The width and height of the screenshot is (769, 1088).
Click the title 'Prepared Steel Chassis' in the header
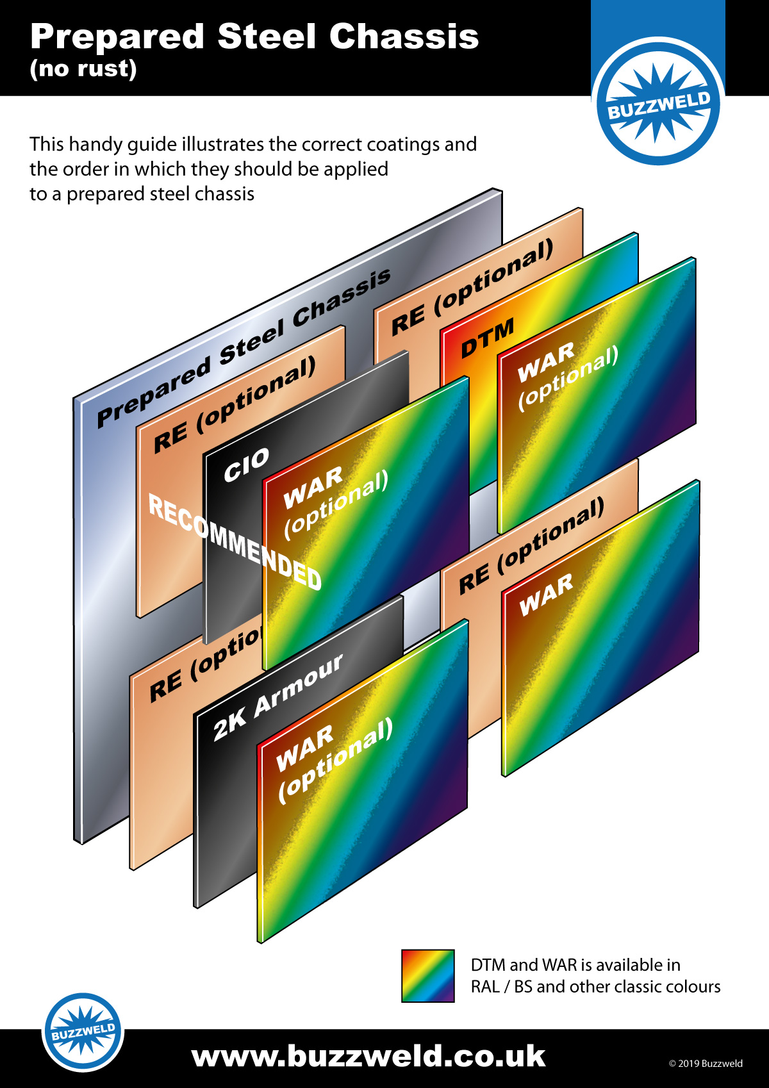[254, 37]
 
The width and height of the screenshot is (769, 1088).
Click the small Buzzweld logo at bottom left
[83, 1032]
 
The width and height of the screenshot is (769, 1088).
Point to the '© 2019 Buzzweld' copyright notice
[706, 1064]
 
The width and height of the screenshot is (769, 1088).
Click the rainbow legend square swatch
[427, 976]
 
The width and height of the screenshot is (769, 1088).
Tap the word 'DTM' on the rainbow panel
[488, 338]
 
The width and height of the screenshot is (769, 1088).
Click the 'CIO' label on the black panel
[246, 465]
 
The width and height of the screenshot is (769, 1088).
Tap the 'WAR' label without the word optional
[546, 595]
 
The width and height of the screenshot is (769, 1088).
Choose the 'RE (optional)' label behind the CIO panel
[235, 405]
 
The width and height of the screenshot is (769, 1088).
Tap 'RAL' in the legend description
[485, 987]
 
